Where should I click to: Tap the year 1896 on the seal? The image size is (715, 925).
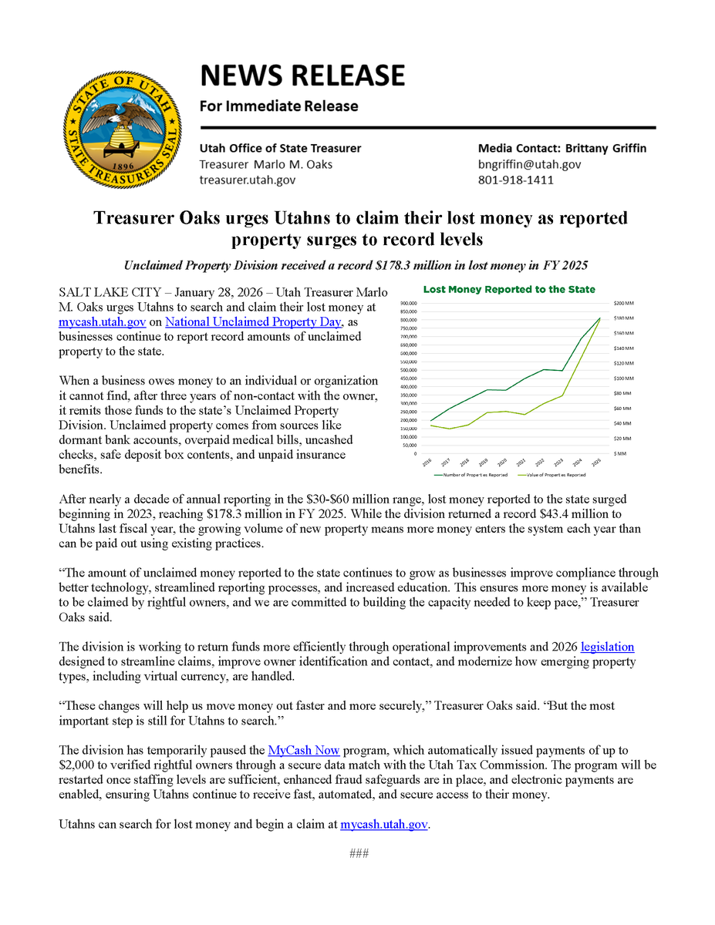(123, 166)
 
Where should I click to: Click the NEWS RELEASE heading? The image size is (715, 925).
(302, 76)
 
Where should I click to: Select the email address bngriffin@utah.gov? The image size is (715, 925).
(529, 164)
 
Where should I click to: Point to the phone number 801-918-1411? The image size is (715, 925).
(515, 180)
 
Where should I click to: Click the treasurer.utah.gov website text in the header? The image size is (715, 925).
(247, 180)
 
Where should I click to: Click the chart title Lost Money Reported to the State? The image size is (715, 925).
(509, 290)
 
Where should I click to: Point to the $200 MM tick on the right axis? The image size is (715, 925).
(623, 303)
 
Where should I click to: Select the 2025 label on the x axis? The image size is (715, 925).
(596, 462)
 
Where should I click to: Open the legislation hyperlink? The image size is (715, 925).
(607, 647)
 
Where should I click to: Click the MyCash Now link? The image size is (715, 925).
(303, 750)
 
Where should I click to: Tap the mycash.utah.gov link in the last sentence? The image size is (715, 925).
(384, 824)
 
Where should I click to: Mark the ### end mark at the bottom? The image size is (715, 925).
(357, 853)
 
